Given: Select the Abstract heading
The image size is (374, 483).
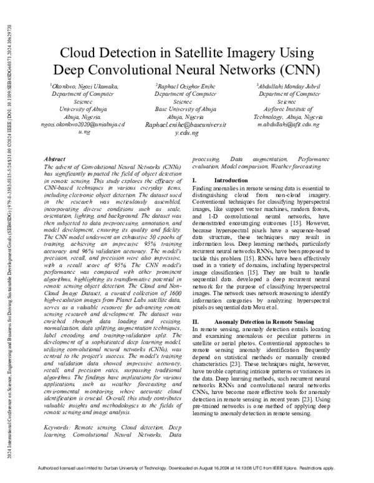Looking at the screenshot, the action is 57,160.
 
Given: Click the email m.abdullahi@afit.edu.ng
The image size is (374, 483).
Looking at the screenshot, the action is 289,124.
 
